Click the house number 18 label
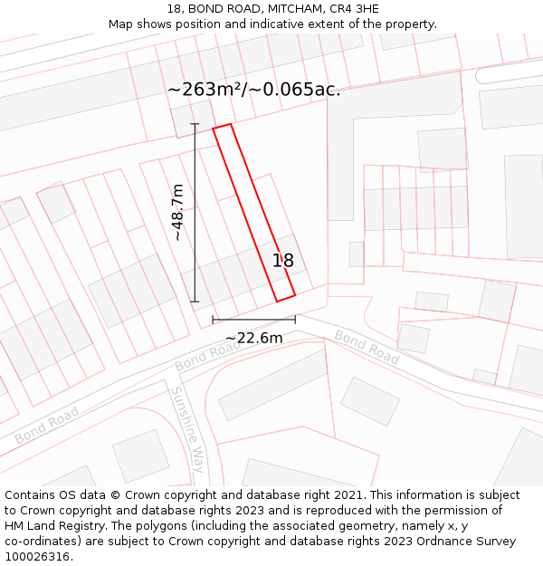[283, 261]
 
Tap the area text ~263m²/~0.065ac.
[254, 90]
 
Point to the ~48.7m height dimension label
[178, 212]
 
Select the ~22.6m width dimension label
[253, 338]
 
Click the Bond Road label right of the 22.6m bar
[367, 347]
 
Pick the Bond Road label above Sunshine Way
[208, 354]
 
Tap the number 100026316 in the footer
[35, 557]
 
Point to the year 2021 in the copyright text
[347, 495]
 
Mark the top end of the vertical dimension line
[195, 124]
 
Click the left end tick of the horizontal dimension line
[213, 320]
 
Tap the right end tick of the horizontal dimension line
[295, 320]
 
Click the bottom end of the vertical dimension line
[195, 302]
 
